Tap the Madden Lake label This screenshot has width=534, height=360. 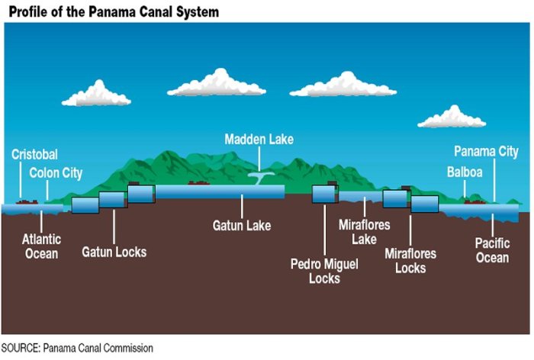(x=259, y=140)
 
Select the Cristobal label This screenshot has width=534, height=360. (x=34, y=155)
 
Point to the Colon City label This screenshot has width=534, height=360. (x=56, y=173)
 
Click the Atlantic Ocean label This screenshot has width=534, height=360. (x=41, y=246)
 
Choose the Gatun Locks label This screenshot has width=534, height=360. (x=114, y=252)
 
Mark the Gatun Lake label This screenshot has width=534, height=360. (x=241, y=226)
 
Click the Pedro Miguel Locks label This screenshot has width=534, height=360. (x=325, y=271)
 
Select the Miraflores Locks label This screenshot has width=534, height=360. (x=410, y=260)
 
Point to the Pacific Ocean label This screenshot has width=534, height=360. (x=492, y=251)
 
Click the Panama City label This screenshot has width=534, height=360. (x=486, y=152)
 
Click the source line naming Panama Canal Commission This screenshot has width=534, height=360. (x=77, y=349)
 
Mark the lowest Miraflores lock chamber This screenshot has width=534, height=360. (x=425, y=204)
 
